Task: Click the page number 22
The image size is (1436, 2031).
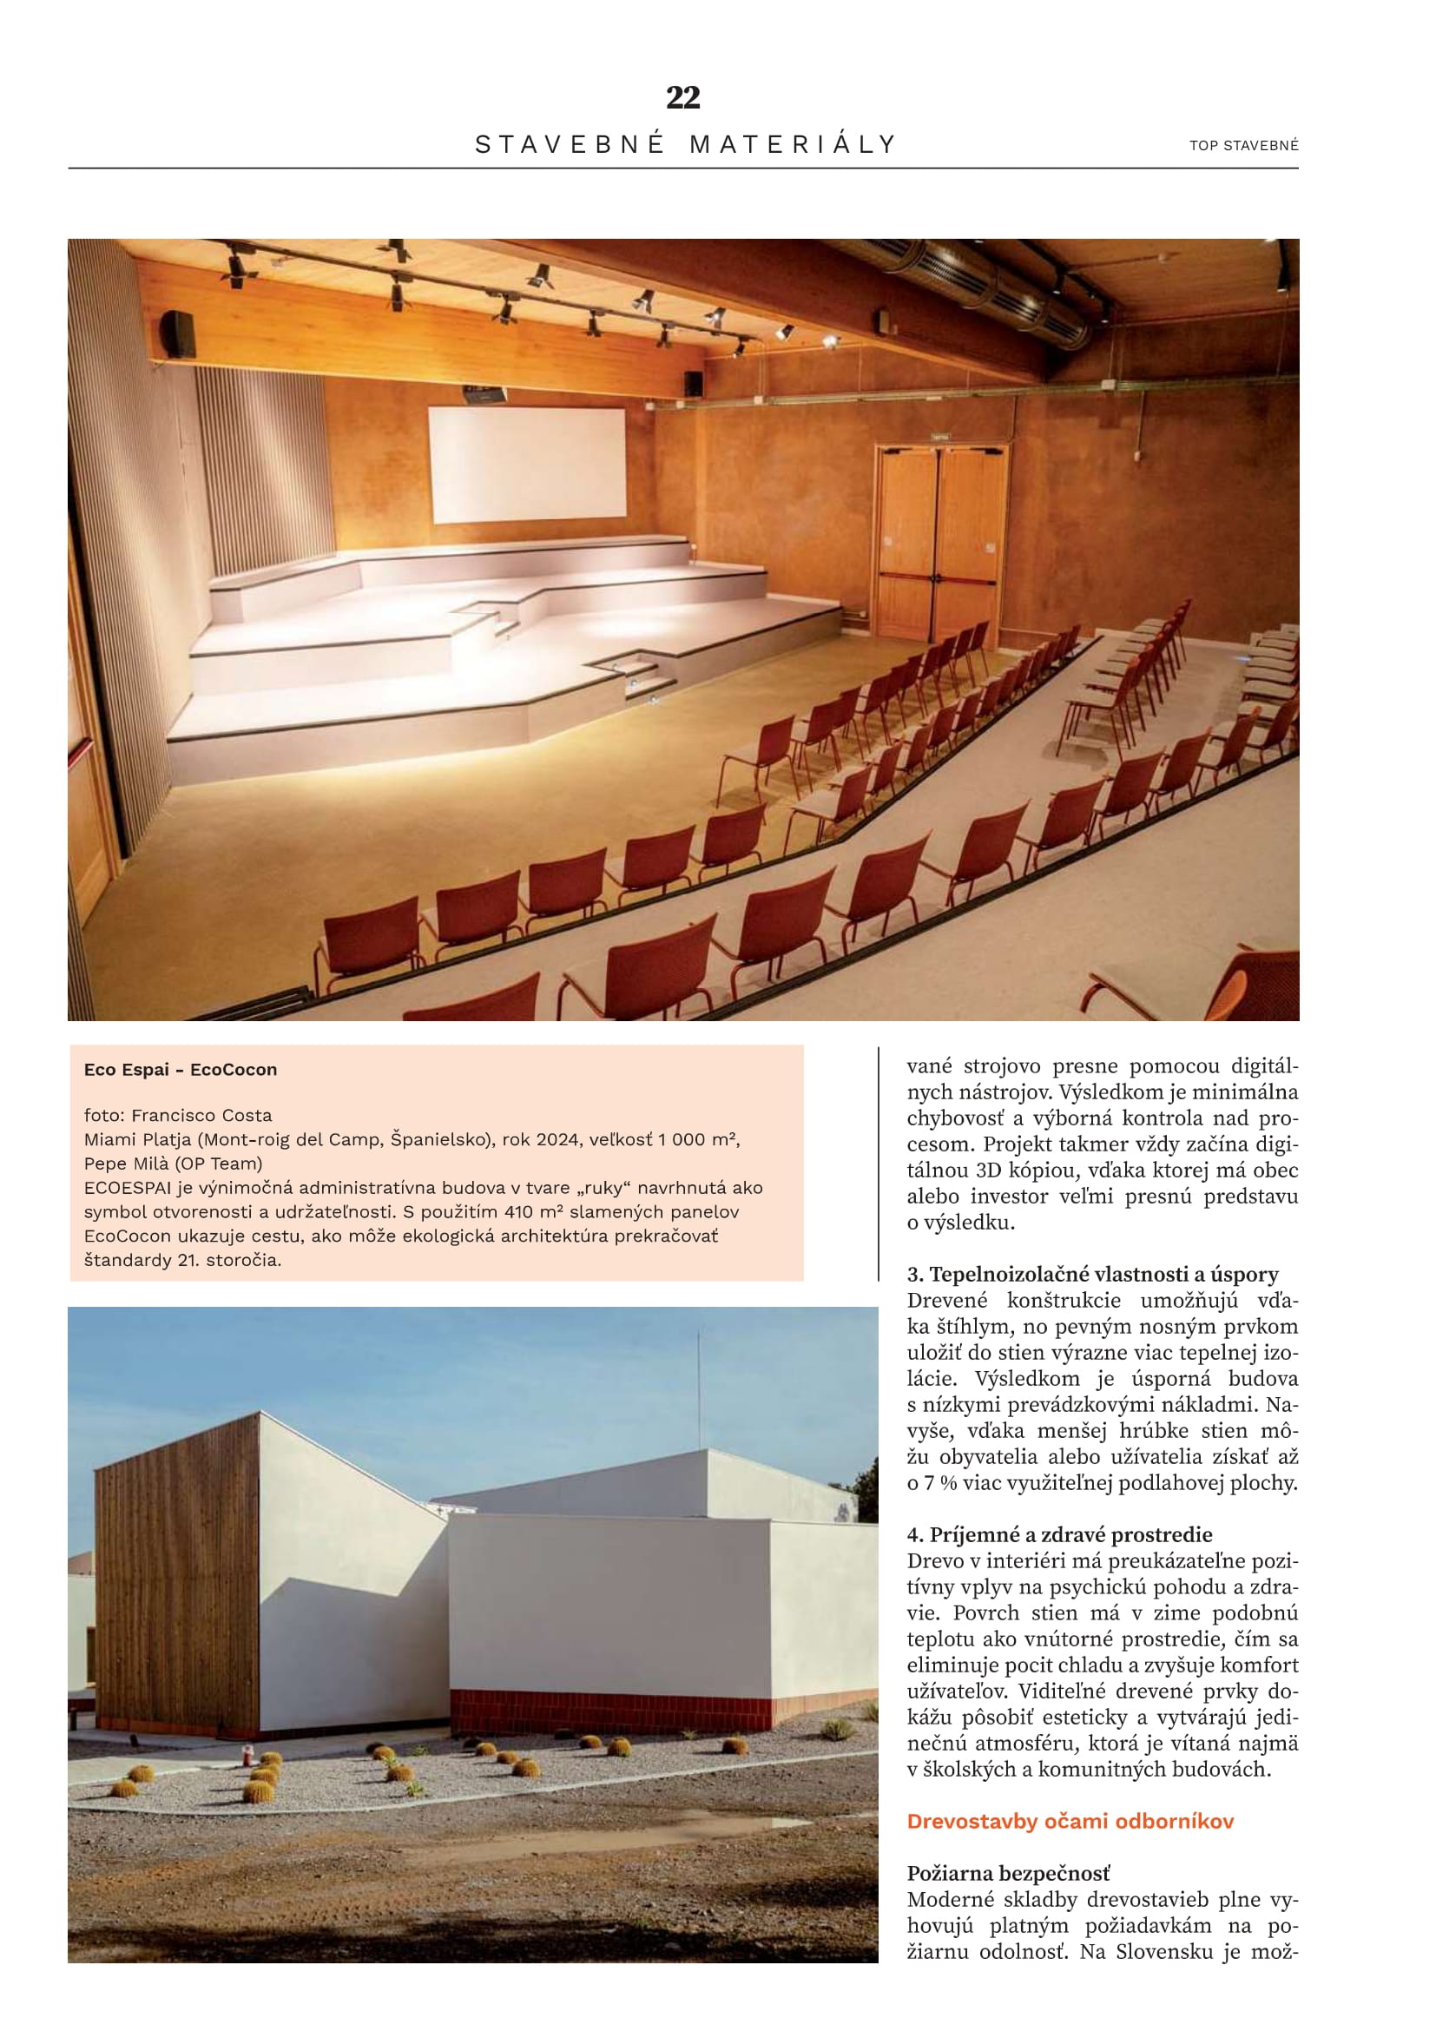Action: pyautogui.click(x=682, y=97)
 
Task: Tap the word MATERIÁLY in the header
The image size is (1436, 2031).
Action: pyautogui.click(x=793, y=144)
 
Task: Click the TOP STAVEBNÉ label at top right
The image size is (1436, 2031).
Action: pyautogui.click(x=1243, y=146)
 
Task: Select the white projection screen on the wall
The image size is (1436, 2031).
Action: pyautogui.click(x=527, y=465)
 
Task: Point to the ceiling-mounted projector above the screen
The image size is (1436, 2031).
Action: pyautogui.click(x=484, y=392)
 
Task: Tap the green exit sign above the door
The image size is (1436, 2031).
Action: pyautogui.click(x=939, y=437)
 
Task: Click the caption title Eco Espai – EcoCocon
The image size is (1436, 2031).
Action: pyautogui.click(x=181, y=1070)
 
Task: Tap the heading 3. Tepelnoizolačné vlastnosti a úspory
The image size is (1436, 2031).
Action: pyautogui.click(x=1092, y=1275)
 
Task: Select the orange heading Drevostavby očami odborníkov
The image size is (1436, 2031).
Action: pyautogui.click(x=1070, y=1822)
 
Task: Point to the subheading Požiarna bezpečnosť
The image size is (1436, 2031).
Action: pyautogui.click(x=1008, y=1874)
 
